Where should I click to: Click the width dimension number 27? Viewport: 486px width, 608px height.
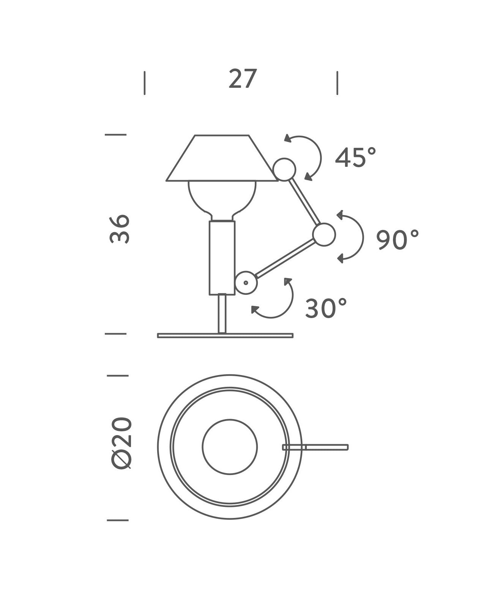(243, 79)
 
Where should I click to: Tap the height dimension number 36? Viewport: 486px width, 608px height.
(120, 229)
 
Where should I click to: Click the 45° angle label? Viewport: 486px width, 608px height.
(355, 157)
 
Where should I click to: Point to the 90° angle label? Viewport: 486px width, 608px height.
(397, 239)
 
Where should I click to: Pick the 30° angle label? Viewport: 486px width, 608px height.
(326, 308)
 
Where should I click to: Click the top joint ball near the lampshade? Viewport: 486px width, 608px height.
(284, 169)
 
